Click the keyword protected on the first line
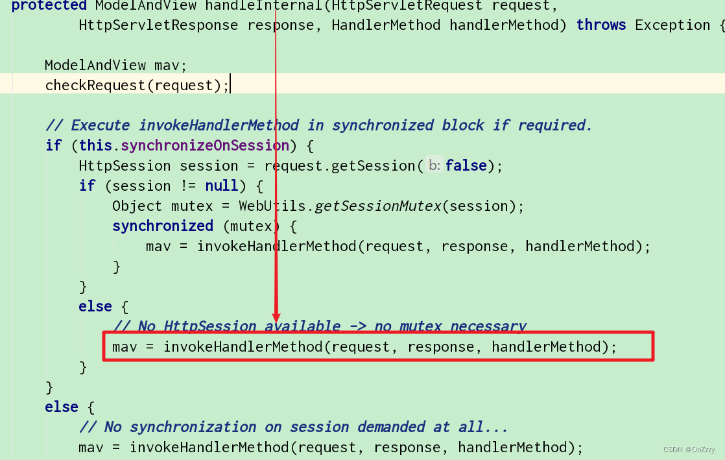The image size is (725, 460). click(49, 5)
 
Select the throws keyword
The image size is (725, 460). click(601, 25)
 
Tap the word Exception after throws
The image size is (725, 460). click(672, 25)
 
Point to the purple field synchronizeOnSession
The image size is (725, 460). click(205, 145)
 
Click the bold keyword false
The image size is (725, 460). click(466, 165)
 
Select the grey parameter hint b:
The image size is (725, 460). click(434, 165)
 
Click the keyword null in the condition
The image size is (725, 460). click(221, 186)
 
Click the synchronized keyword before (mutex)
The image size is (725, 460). click(163, 226)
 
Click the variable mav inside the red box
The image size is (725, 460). click(125, 346)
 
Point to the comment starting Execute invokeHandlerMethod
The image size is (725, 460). click(318, 125)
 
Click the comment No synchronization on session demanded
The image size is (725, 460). click(293, 426)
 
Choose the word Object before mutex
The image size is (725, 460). click(137, 206)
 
